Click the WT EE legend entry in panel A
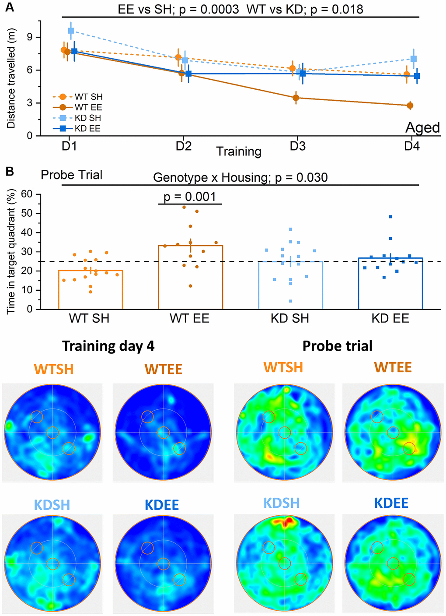[88, 107]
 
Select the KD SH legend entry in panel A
[88, 118]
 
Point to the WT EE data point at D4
[410, 106]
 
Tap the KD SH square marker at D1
[71, 31]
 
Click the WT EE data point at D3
[296, 98]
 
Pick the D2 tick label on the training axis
[184, 146]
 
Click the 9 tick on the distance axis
[30, 37]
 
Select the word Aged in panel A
[422, 127]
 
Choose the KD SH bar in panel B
[290, 285]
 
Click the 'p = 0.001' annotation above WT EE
[190, 197]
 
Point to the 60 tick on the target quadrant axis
[27, 194]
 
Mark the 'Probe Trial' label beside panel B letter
[71, 175]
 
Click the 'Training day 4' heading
[108, 346]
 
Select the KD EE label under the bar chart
[390, 318]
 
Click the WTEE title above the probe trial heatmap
[393, 367]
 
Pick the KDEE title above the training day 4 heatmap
[162, 504]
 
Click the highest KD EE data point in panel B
[390, 217]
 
